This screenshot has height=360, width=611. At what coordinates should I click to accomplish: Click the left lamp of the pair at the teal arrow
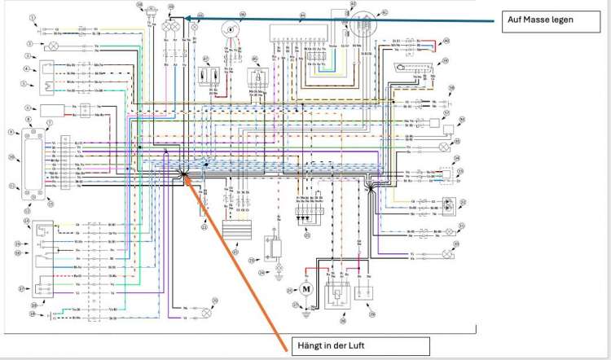[165, 26]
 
